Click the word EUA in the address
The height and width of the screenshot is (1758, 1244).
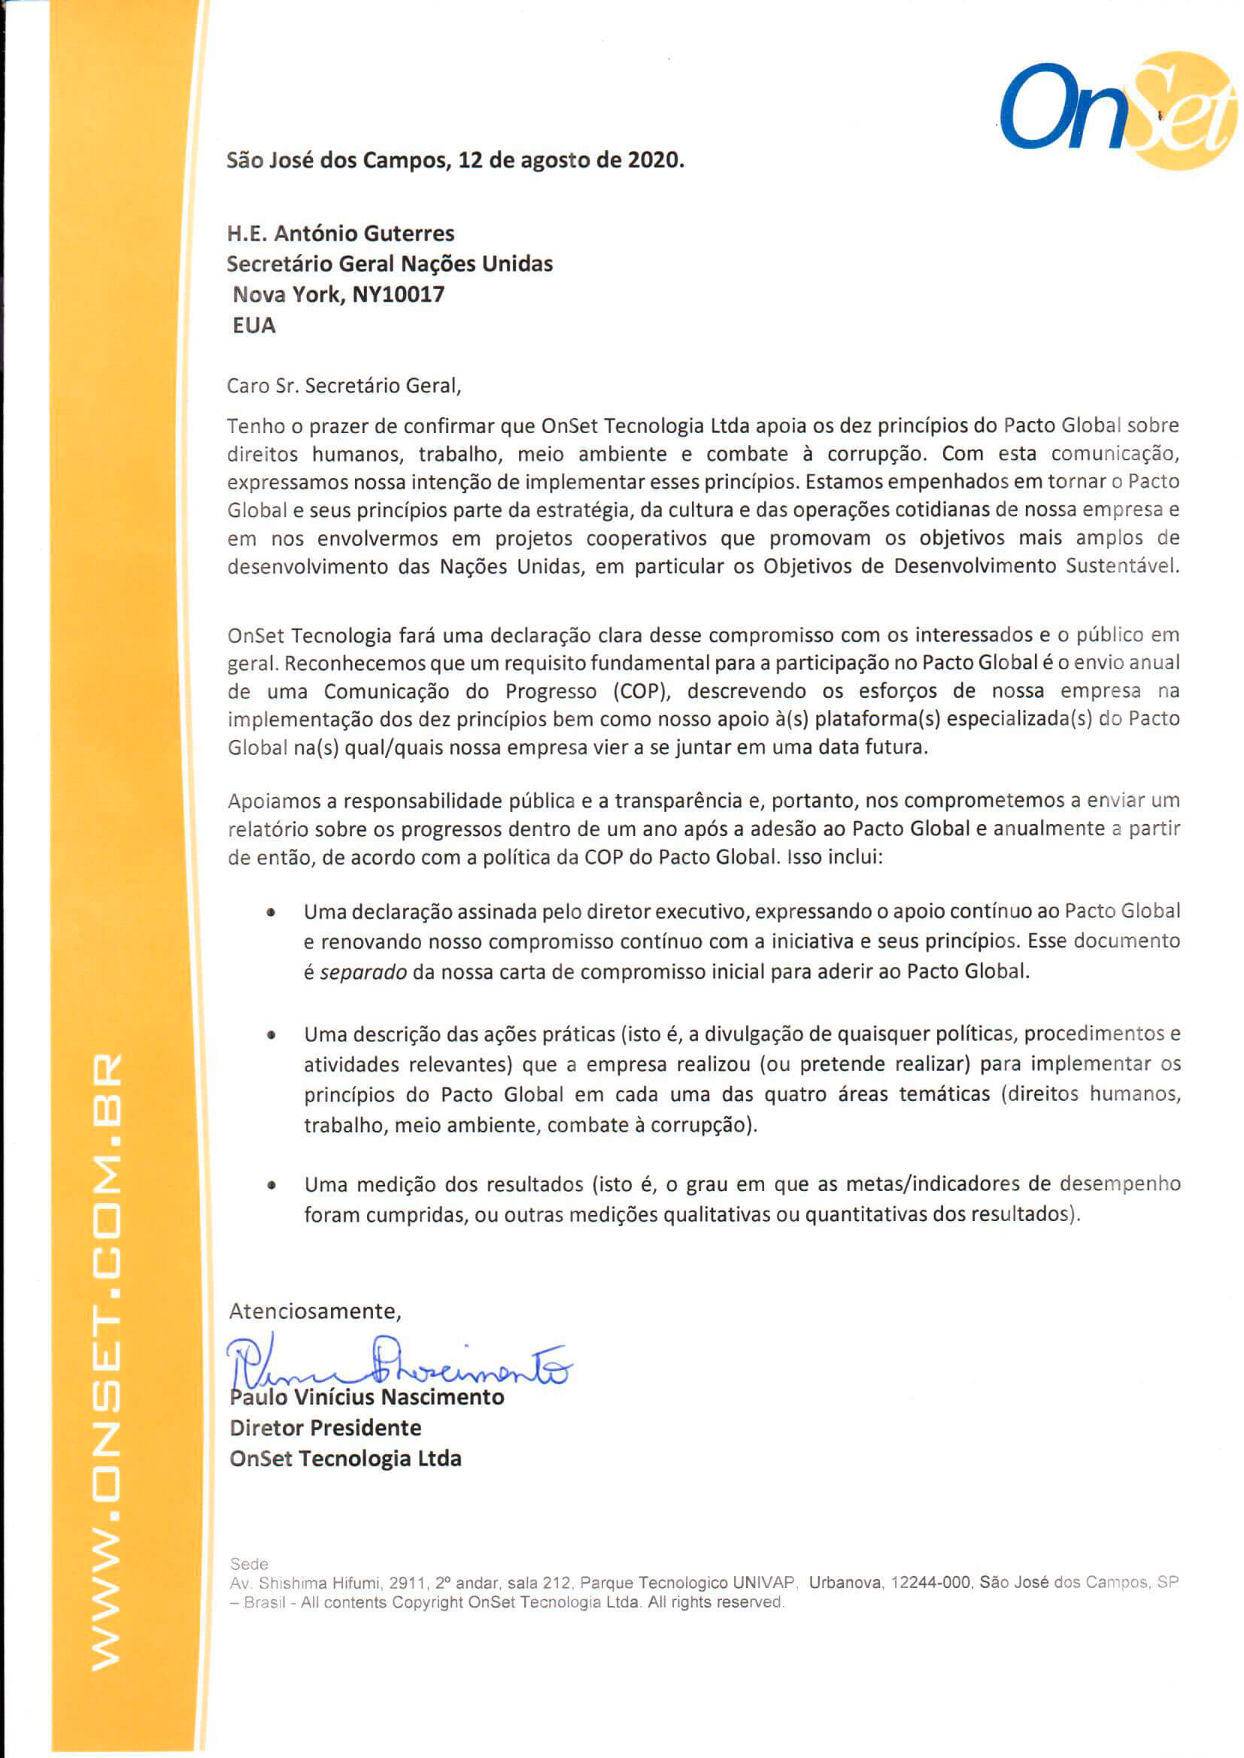253,326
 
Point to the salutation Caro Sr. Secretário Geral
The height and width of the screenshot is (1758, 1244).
344,386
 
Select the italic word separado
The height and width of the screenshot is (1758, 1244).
363,972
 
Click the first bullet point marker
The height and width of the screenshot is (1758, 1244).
272,913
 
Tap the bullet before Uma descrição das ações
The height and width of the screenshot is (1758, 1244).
272,1035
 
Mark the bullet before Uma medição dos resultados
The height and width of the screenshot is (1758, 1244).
272,1185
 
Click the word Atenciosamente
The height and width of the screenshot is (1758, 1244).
315,1311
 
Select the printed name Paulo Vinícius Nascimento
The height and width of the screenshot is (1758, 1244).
367,1397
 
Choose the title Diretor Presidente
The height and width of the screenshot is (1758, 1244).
325,1428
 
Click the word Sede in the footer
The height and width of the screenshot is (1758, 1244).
249,1564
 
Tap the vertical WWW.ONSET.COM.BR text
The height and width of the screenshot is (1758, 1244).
106,1363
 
